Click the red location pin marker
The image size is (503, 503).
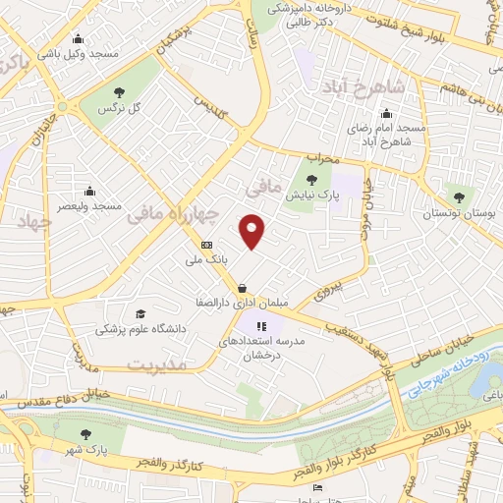[253, 231]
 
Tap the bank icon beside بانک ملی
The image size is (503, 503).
[206, 245]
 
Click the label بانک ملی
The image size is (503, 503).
[207, 261]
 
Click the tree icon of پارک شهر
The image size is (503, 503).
[87, 432]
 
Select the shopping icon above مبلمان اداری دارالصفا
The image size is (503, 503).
[241, 287]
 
